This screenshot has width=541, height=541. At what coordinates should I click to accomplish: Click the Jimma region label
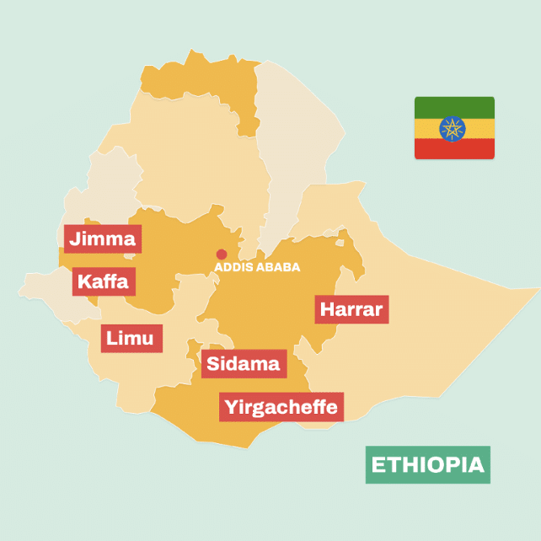click(x=102, y=238)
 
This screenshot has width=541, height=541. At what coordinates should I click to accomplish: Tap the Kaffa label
click(x=103, y=281)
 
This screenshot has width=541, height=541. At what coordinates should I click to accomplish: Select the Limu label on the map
click(x=131, y=338)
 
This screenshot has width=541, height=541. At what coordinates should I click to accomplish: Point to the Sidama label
click(x=244, y=364)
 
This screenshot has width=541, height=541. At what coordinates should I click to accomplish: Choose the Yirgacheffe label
click(x=281, y=407)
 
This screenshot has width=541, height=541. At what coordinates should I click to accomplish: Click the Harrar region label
click(x=351, y=309)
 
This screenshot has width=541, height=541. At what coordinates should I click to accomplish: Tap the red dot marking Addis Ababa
click(x=222, y=254)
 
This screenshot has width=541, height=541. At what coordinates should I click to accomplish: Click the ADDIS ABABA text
click(x=257, y=267)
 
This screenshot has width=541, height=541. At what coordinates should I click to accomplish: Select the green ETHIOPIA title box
click(x=427, y=464)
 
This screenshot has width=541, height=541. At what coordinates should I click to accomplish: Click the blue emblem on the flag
click(x=454, y=128)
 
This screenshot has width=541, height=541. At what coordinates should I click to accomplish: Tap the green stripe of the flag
click(x=454, y=106)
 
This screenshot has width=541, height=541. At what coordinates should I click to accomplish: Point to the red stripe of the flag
click(x=454, y=150)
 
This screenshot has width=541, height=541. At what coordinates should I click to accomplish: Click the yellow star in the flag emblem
click(x=454, y=128)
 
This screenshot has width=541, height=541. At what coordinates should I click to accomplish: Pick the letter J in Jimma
click(x=76, y=238)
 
